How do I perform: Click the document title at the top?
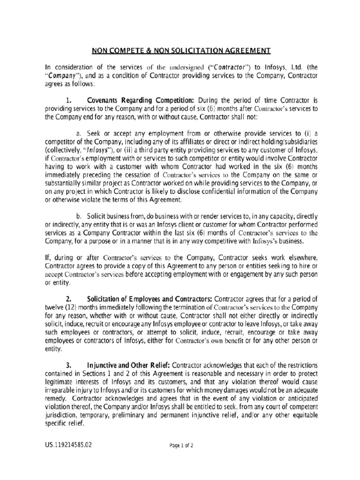(180, 51)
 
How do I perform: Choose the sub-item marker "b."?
(78, 216)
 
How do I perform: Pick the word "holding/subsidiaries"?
(287, 141)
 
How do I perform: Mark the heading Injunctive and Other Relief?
(129, 365)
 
